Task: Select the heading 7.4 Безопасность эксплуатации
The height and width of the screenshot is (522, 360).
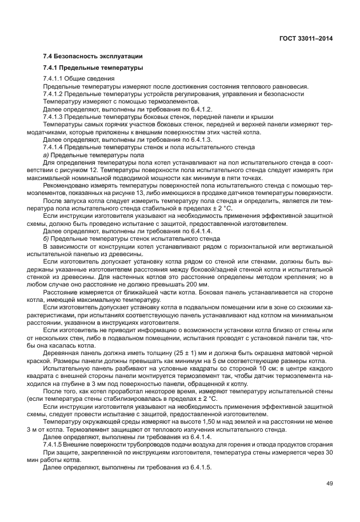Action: click(93, 57)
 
